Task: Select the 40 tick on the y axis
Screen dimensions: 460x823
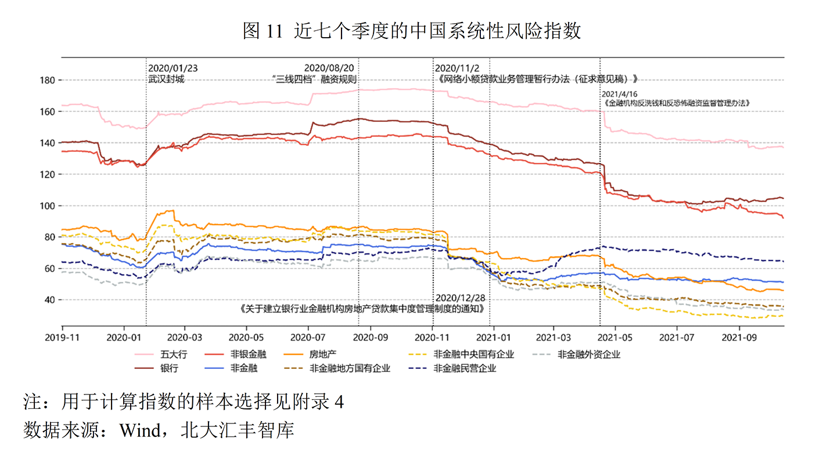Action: (x=51, y=300)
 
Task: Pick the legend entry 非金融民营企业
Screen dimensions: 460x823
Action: (x=465, y=368)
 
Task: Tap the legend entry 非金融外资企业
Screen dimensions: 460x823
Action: (x=588, y=354)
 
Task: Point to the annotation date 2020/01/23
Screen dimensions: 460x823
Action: (x=173, y=68)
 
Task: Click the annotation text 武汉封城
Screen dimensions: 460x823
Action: (x=166, y=79)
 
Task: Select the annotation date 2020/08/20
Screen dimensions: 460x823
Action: (x=329, y=68)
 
